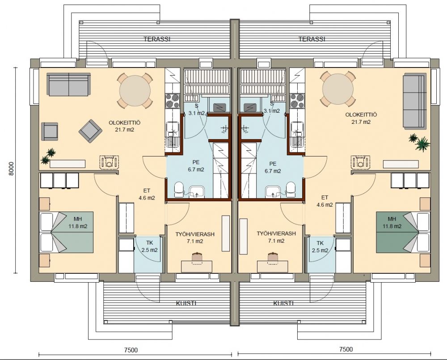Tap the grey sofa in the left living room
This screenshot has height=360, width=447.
69,85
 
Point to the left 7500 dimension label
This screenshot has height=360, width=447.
131,350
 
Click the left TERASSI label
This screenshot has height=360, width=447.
157,39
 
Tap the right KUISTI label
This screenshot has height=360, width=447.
283,303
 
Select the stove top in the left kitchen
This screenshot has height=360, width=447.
173,101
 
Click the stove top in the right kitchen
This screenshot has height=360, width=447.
297,101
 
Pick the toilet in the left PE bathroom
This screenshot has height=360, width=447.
179,190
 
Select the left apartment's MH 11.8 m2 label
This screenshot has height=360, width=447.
77,223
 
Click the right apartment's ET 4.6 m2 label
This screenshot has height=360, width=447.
325,201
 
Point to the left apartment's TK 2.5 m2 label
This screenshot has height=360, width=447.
149,246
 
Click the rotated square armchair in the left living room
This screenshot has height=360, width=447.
90,131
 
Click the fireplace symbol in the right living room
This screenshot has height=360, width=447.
361,162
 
